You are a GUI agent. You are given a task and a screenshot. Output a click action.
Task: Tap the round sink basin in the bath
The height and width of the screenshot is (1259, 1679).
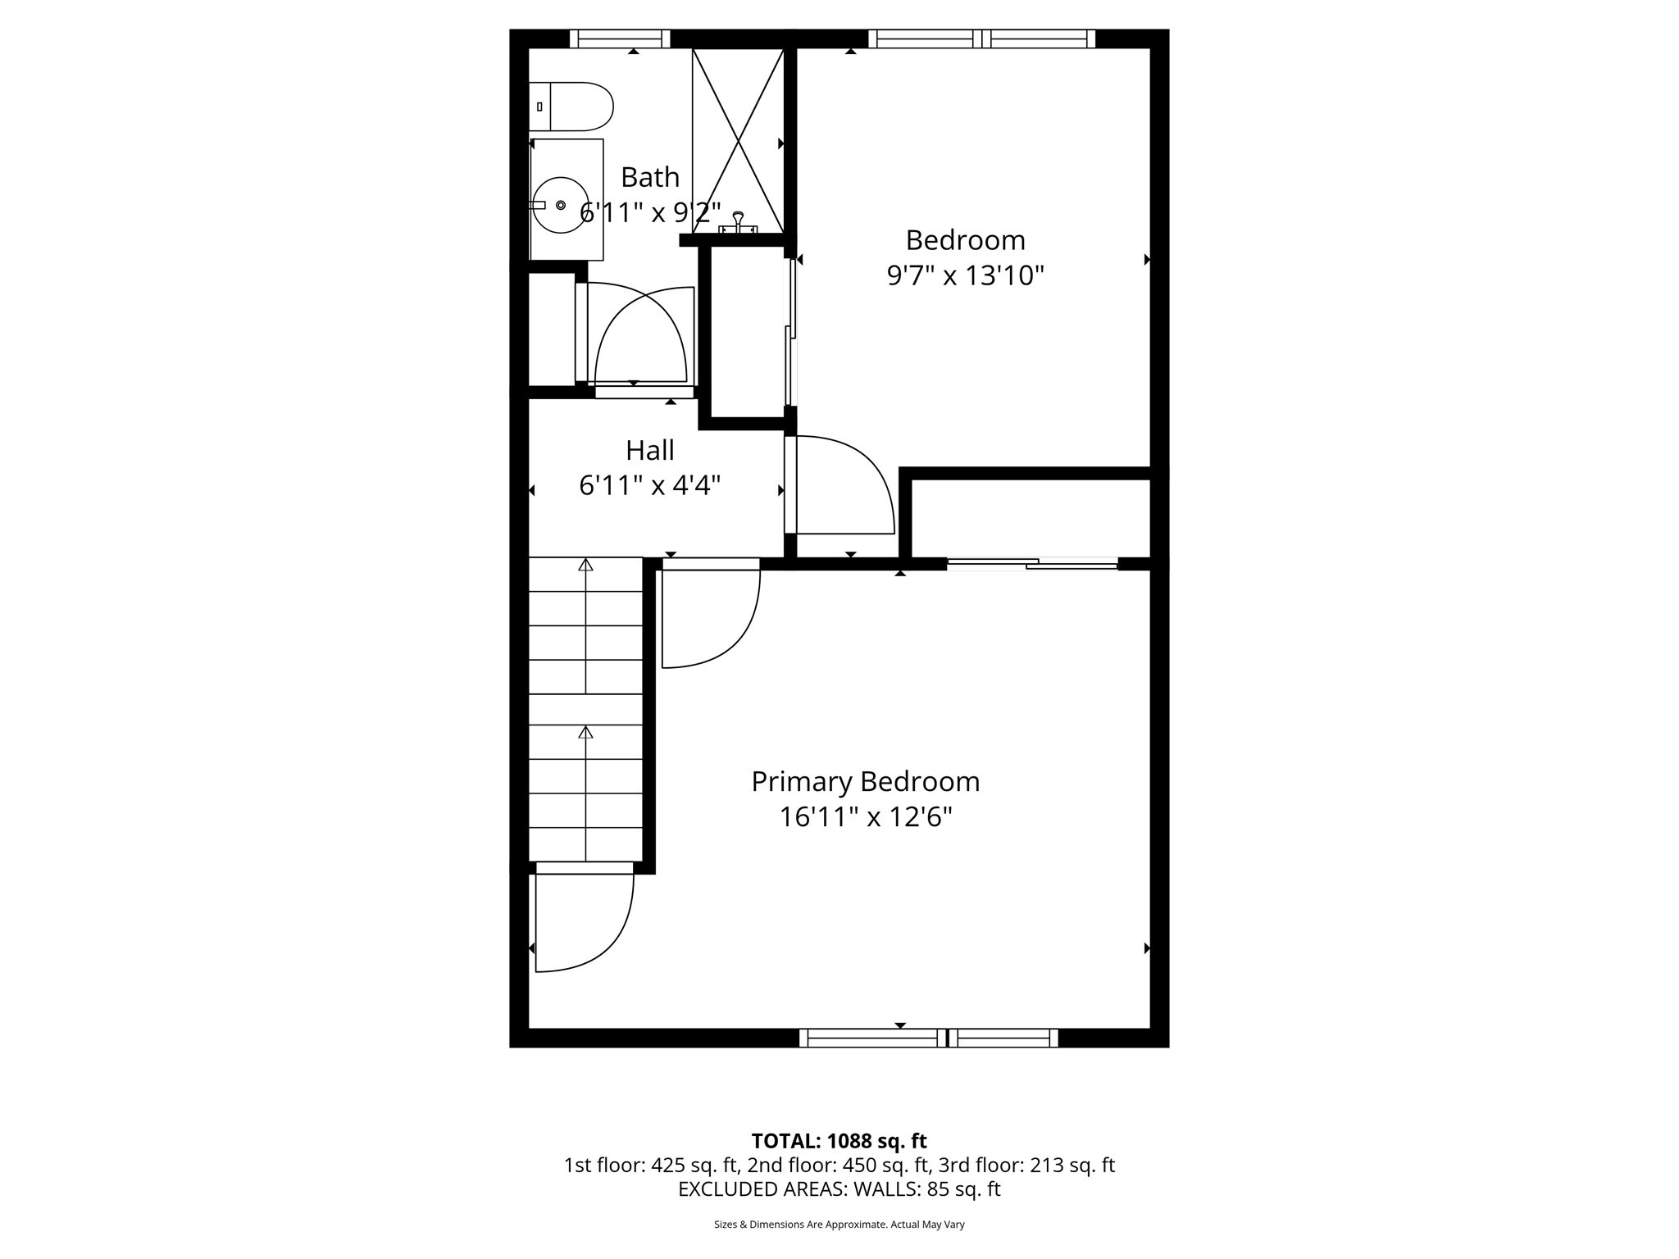tap(561, 205)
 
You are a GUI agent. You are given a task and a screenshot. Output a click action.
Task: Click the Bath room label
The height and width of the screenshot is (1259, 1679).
tap(650, 177)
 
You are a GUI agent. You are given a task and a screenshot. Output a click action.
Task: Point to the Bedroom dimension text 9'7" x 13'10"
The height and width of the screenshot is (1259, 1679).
tap(965, 275)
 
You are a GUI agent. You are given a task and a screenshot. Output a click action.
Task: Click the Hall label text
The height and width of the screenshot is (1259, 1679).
tap(650, 450)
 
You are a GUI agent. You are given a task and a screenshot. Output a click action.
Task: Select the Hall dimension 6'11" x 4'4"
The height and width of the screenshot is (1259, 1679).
tap(650, 486)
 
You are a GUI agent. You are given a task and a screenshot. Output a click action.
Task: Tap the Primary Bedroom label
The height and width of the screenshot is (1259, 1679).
tap(865, 782)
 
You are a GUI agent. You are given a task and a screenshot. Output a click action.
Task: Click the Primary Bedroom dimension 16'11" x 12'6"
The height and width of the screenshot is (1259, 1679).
tap(865, 818)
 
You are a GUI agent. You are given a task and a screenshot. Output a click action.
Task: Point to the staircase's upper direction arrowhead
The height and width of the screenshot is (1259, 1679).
tap(585, 565)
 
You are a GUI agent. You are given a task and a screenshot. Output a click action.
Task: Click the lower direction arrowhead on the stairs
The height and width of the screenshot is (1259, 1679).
tap(585, 732)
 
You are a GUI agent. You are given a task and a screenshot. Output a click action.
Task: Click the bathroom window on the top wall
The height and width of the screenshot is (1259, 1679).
tap(620, 39)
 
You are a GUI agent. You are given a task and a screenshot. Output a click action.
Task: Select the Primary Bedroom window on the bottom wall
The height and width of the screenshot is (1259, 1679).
tap(928, 1038)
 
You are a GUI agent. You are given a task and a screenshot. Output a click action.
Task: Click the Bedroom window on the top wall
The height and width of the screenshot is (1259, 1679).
tap(981, 39)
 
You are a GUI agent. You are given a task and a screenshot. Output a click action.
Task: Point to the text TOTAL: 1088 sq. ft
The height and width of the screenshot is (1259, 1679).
tap(839, 1141)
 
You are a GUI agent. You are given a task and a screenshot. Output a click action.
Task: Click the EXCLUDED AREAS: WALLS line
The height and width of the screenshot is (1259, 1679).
tap(839, 1189)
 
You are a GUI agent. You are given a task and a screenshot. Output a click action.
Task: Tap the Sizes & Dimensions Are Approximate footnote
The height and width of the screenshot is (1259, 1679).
tap(839, 1225)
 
